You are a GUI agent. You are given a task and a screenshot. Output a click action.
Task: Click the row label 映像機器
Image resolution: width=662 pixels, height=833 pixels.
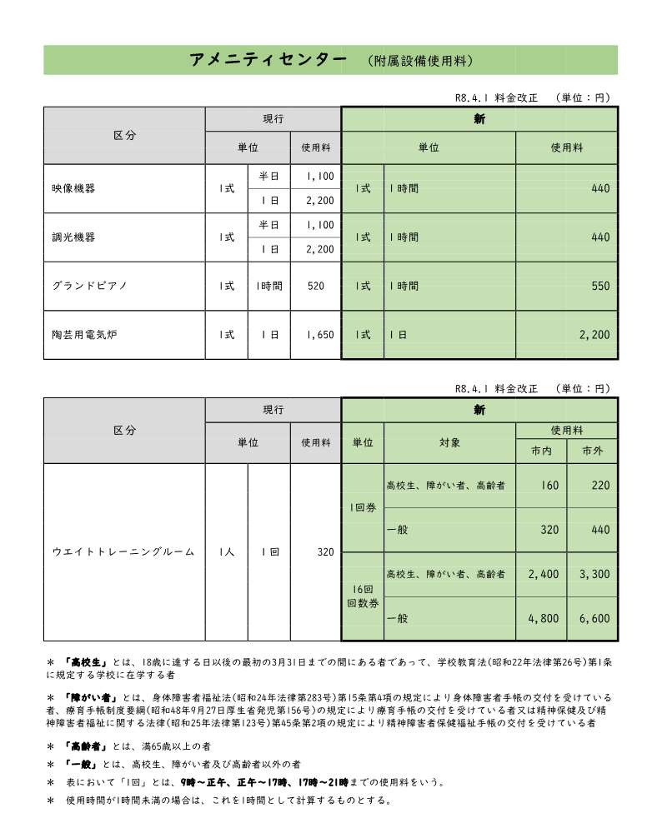coord(73,188)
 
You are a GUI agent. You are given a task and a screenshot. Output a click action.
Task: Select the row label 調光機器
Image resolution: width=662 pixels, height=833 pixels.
coord(73,237)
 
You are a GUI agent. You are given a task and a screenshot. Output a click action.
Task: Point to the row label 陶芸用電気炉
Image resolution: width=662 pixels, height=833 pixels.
coord(83,334)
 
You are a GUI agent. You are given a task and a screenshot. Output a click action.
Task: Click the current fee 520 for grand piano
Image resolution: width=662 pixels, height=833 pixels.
coord(315,286)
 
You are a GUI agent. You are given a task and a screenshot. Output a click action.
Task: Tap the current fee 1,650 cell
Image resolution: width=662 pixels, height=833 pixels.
coord(319,334)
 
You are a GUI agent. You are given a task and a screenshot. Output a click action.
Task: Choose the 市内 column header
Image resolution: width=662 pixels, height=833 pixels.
coord(541,451)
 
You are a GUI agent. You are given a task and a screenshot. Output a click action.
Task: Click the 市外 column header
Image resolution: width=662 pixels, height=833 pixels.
coord(592,451)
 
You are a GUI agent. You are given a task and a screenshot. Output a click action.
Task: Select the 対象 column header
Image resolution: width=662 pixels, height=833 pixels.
coord(450,442)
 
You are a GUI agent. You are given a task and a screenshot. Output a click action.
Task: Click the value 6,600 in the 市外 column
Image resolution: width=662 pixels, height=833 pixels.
coord(594,619)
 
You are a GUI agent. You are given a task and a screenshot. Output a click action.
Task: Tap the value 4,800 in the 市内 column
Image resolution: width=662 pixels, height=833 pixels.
coord(544,619)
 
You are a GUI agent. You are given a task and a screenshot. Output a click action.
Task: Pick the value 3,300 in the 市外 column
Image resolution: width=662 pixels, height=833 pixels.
coord(594,574)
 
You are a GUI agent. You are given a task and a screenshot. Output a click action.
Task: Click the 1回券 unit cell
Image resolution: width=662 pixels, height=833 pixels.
coord(363,506)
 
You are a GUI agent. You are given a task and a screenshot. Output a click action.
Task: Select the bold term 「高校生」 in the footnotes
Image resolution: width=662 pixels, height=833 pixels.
coord(84,662)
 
